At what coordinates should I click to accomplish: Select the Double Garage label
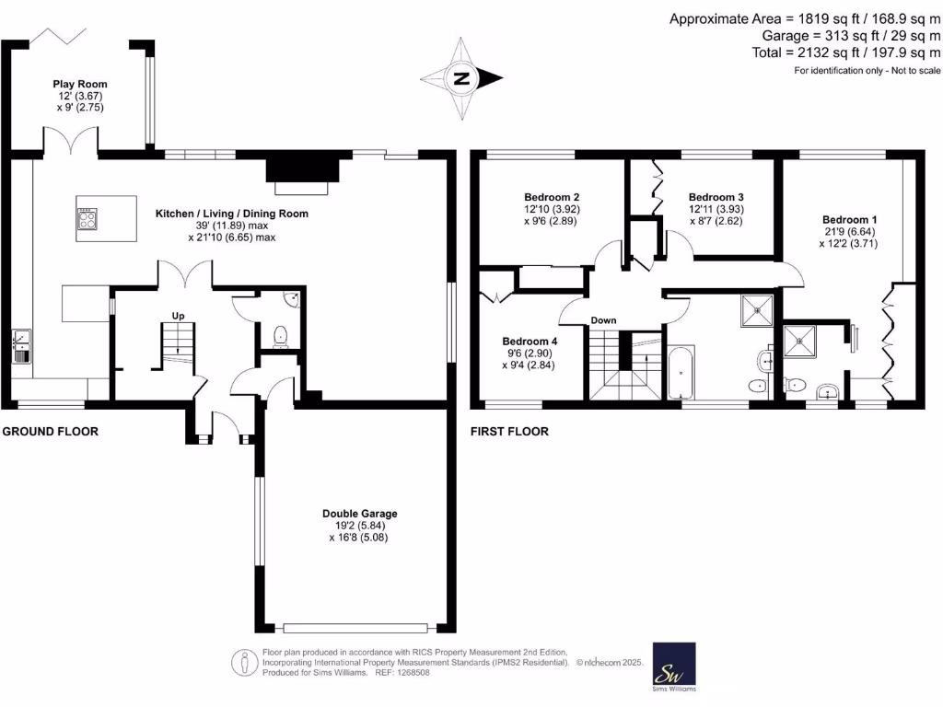click(x=359, y=514)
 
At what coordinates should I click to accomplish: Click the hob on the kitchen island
click(x=88, y=219)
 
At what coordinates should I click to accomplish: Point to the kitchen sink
click(x=20, y=346)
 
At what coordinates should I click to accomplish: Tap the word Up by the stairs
click(x=179, y=316)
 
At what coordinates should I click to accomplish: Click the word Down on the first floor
click(x=603, y=320)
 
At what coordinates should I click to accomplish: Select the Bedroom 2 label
click(x=551, y=197)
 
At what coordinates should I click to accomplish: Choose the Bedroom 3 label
click(x=716, y=197)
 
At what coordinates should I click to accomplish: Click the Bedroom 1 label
click(x=849, y=219)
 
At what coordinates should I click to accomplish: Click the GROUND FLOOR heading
click(x=50, y=432)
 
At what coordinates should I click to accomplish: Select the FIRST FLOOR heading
click(x=509, y=432)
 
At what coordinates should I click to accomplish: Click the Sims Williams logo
click(x=674, y=665)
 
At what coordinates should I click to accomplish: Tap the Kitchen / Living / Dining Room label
click(x=230, y=214)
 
